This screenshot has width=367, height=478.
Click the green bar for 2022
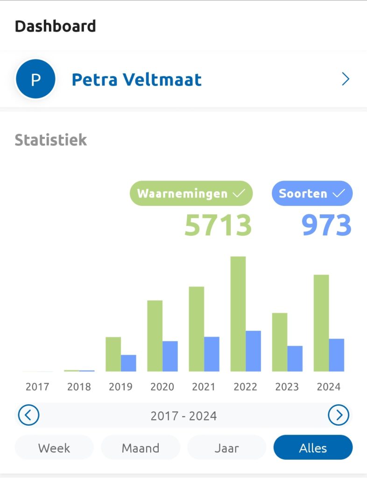pyautogui.click(x=238, y=314)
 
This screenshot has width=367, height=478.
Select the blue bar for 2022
pyautogui.click(x=254, y=351)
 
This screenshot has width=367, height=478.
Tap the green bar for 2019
pyautogui.click(x=113, y=354)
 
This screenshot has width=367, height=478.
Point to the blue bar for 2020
pyautogui.click(x=170, y=356)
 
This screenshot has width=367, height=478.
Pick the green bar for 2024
pyautogui.click(x=321, y=323)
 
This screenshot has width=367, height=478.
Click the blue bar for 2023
pyautogui.click(x=295, y=358)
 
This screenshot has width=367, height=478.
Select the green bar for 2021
pyautogui.click(x=197, y=329)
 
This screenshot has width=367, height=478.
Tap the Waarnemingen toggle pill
pyautogui.click(x=191, y=193)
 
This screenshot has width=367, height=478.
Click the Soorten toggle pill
pyautogui.click(x=312, y=193)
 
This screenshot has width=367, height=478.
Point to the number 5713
pyautogui.click(x=218, y=225)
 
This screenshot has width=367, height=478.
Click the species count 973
pyautogui.click(x=326, y=225)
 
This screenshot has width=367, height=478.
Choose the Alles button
pyautogui.click(x=313, y=448)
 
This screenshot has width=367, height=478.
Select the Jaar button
pyautogui.click(x=226, y=448)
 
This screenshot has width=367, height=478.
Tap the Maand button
pyautogui.click(x=141, y=448)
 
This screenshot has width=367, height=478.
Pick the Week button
pyautogui.click(x=54, y=448)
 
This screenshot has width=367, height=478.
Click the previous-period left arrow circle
pyautogui.click(x=28, y=415)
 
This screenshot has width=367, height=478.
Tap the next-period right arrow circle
pyautogui.click(x=339, y=415)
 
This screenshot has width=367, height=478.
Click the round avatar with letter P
pyautogui.click(x=35, y=80)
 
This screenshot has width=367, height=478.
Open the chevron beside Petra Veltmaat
pyautogui.click(x=346, y=80)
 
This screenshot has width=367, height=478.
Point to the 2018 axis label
pyautogui.click(x=79, y=387)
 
